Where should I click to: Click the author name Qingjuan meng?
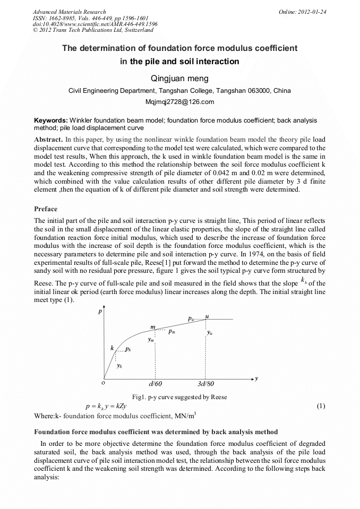[x=179, y=79]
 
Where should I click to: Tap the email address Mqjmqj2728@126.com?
[x=179, y=102]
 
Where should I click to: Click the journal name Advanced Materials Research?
[x=69, y=12]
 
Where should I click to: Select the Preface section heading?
[x=46, y=209]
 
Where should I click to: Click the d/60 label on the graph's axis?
[x=156, y=383]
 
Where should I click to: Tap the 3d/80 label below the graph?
[x=206, y=383]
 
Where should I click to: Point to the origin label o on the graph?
[x=103, y=382]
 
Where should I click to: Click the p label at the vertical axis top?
[x=100, y=312]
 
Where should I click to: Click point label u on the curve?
[x=207, y=316]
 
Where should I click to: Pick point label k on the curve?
[x=112, y=348]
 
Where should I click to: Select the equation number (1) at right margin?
[x=320, y=406]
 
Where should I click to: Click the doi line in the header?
[x=95, y=24]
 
